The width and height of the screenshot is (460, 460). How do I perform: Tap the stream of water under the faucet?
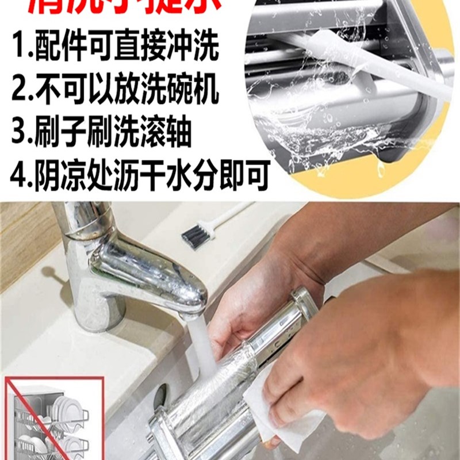[x=201, y=345]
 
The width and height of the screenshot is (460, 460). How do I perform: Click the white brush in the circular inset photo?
[x=368, y=63]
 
